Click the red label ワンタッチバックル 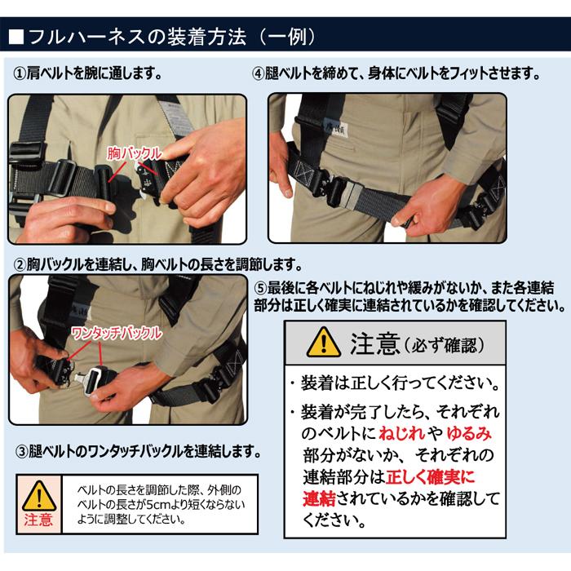pos(117,334)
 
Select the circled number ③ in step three pos(22,451)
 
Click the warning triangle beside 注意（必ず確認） pos(324,342)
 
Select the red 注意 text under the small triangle pos(38,520)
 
